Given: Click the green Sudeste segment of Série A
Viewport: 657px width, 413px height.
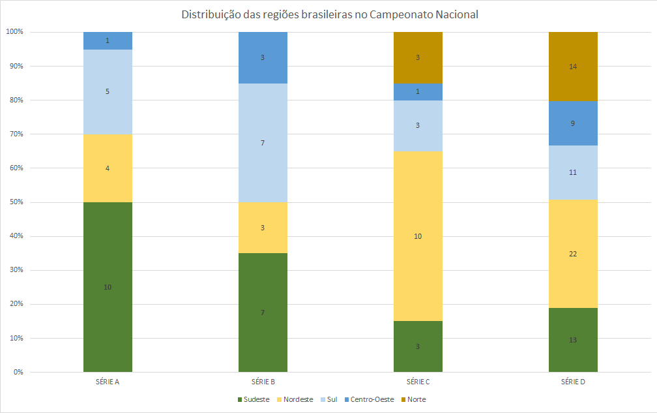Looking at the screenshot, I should [x=108, y=287].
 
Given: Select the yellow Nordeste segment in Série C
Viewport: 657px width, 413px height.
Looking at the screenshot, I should [x=418, y=236].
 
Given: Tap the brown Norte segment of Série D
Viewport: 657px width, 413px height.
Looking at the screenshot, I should [x=573, y=67].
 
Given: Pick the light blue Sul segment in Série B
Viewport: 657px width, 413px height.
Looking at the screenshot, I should [x=263, y=143].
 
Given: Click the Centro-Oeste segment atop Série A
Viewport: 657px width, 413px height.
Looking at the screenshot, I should [x=108, y=40].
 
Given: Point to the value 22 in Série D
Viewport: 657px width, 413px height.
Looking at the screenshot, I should [x=573, y=254].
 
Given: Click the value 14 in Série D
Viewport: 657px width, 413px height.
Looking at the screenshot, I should [x=573, y=67].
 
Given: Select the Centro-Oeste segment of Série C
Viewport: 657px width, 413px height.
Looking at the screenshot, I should [x=418, y=91].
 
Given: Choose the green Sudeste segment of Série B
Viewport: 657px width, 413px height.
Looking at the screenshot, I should [x=263, y=313].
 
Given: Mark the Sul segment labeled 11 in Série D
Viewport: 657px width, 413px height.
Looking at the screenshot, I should [x=573, y=172].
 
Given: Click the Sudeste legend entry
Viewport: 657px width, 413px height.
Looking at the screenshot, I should [x=253, y=399].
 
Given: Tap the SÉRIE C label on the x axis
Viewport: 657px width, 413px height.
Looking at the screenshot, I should [x=418, y=381].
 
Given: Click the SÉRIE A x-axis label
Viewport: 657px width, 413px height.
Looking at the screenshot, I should [x=108, y=381].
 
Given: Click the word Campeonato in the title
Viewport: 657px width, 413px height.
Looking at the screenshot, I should [x=397, y=15].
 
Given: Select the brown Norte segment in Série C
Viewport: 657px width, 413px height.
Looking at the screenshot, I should [x=418, y=57].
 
